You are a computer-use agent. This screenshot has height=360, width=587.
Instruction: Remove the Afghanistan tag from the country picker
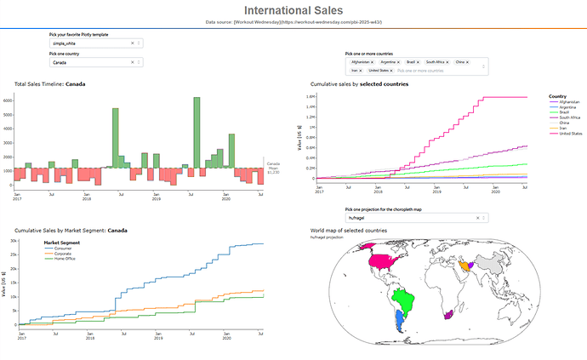(373, 62)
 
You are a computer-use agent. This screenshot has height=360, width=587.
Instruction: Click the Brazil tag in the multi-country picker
(410, 62)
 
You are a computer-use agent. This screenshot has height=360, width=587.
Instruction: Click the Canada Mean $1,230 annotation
(273, 168)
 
